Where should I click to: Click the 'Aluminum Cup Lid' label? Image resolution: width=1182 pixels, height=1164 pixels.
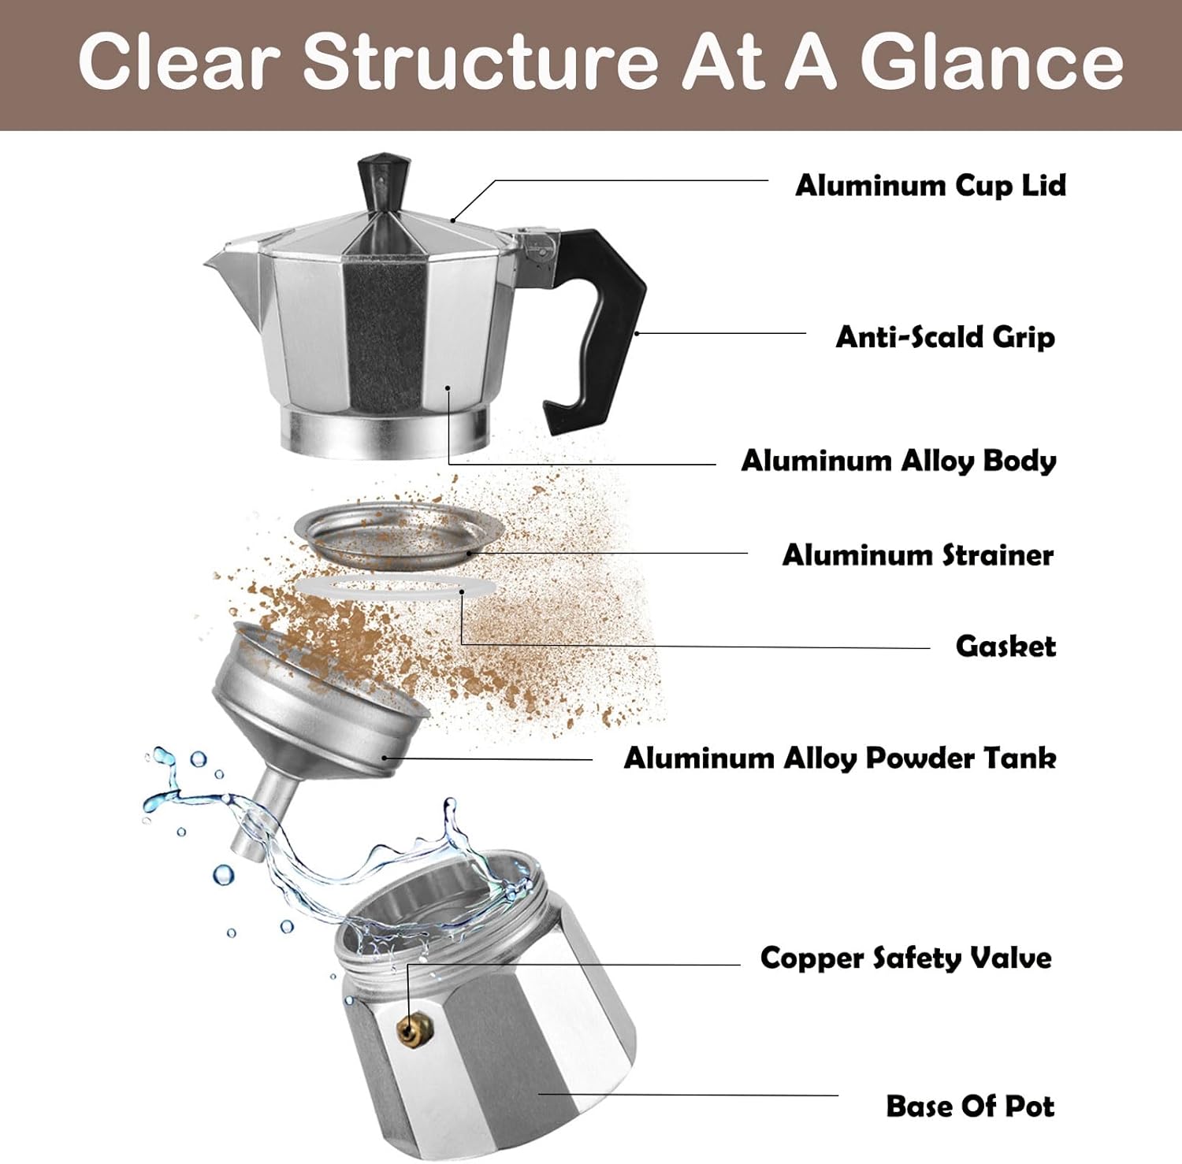coord(930,186)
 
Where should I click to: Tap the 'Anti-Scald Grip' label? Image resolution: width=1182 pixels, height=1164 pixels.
coord(944,337)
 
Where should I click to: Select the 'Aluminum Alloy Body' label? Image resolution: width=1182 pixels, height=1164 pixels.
coord(898,461)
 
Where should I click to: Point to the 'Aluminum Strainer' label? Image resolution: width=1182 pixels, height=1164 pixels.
coord(917,555)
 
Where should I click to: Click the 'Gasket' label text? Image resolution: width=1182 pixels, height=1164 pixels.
coord(1005,647)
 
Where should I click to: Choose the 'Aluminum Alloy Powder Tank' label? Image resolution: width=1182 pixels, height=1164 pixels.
coord(839,758)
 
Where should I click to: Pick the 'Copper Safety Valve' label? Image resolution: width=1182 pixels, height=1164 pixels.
coord(905,958)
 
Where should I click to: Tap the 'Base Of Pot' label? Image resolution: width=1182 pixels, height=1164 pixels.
coord(969,1107)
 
